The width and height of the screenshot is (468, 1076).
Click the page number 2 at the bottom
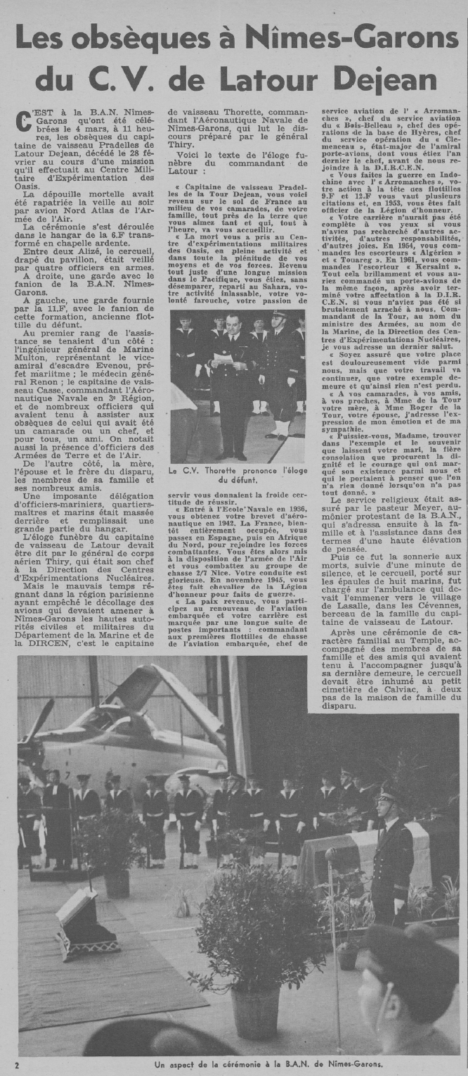tap(16, 1065)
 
